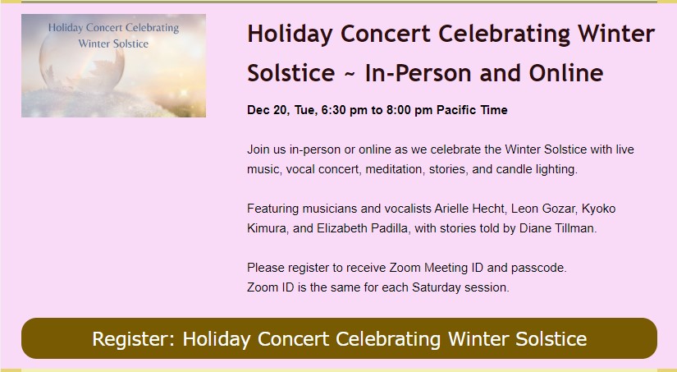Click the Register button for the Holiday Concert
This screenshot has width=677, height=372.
339,338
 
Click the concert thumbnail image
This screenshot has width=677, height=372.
113,65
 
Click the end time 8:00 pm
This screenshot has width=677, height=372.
409,110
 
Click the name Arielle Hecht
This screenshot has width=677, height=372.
469,209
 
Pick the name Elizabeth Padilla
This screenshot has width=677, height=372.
363,228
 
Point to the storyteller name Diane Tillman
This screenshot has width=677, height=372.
557,228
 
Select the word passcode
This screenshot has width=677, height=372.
538,268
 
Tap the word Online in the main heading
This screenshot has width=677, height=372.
566,72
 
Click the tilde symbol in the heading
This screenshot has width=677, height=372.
350,73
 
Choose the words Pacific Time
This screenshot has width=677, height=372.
472,110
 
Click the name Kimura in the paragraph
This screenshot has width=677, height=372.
267,228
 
